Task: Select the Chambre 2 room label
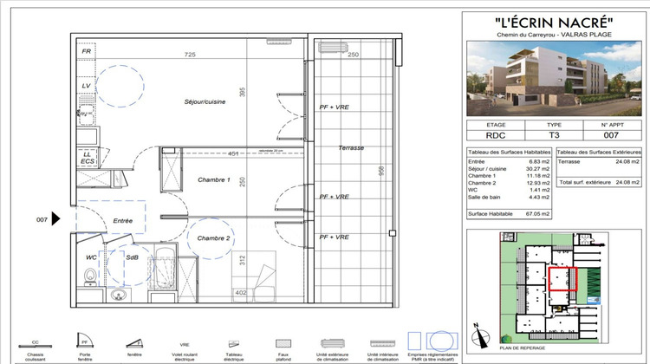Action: point(213,238)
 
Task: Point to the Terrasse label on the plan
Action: point(351,148)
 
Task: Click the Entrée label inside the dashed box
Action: point(122,222)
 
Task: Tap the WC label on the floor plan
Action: point(91,257)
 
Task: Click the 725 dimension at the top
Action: point(190,55)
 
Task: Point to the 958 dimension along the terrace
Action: point(380,172)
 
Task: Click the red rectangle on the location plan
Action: point(562,279)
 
